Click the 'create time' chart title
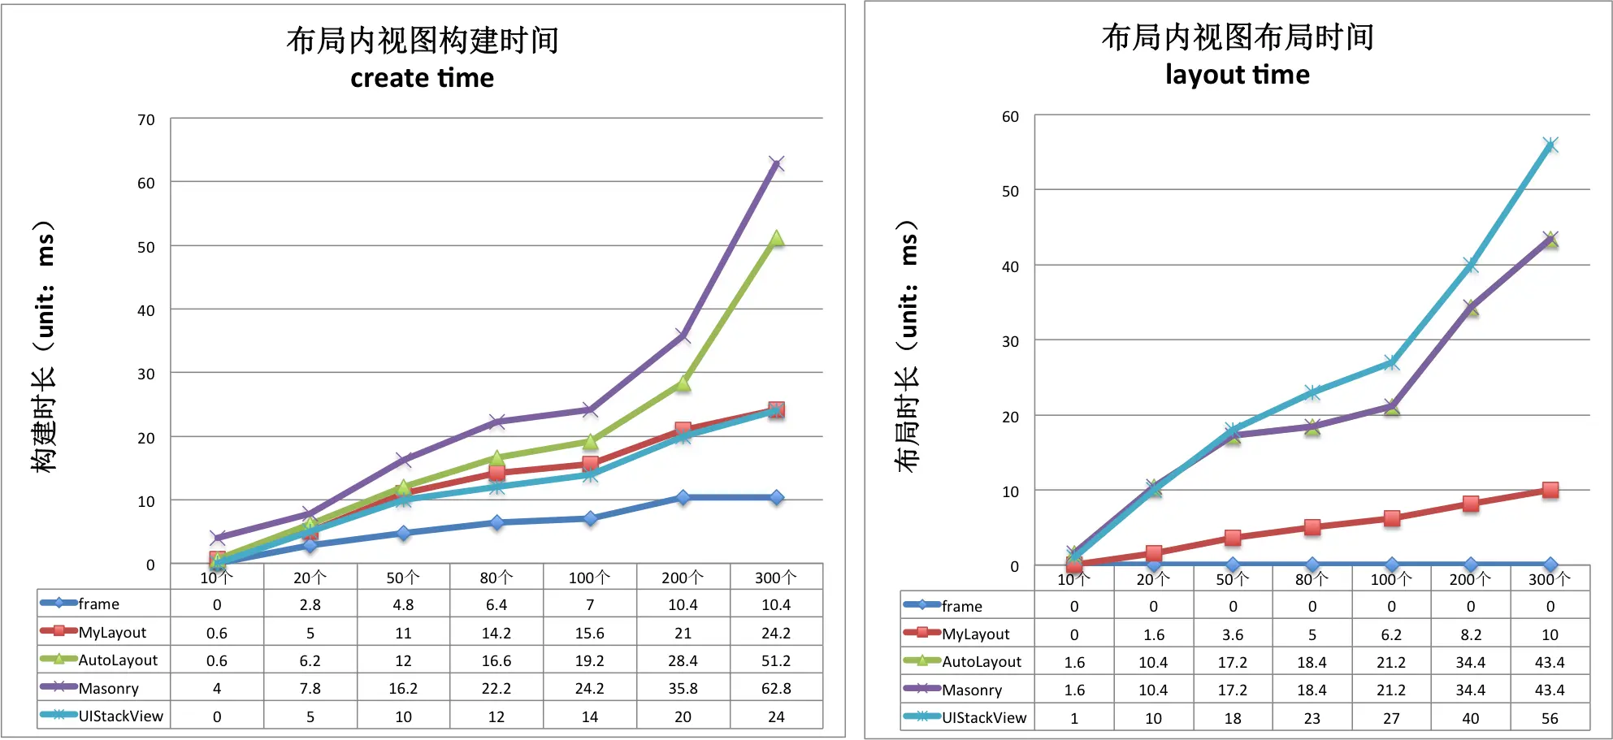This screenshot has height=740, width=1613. pos(422,78)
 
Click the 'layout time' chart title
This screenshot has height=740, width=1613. pos(1237,75)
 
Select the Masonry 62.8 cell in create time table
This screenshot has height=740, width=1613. pos(776,688)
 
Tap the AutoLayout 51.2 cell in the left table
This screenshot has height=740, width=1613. pos(776,660)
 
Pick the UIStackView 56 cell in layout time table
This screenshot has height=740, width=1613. pos(1550,718)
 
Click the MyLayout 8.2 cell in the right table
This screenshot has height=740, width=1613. pos(1471,634)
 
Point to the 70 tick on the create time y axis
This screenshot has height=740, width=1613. pos(146,120)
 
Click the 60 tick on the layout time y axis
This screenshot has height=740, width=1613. pos(1010,117)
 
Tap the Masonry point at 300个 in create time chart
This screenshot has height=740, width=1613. pos(776,164)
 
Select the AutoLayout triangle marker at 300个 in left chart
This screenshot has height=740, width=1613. pos(776,239)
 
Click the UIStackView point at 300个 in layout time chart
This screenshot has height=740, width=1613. pos(1550,145)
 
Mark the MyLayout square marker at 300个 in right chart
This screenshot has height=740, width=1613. pos(1550,490)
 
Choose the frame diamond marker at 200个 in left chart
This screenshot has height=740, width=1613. pos(683,497)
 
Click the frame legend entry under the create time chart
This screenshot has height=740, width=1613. pos(98,604)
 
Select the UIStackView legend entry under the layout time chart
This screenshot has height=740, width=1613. pos(983,717)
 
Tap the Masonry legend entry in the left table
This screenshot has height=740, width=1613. pos(108,688)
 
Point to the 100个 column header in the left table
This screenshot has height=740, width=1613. pos(589,578)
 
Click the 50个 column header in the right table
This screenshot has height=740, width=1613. pos(1232,579)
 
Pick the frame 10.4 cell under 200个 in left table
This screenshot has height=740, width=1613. pos(683,604)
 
